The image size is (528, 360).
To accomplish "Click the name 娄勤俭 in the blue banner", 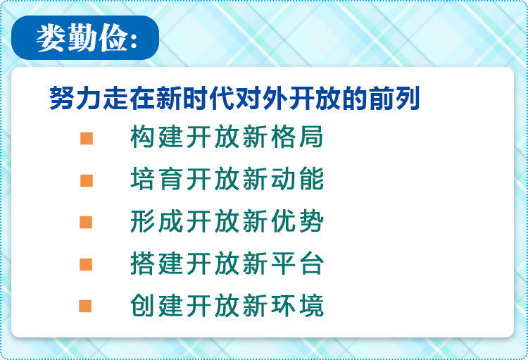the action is pos(82,38).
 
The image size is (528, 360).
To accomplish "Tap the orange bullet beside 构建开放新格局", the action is pos(87,139).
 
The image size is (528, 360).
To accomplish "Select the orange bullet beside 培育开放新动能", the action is pos(87,180).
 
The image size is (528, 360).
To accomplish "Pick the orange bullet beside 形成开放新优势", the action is pos(86,223).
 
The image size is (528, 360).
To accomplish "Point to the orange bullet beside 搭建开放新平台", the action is pos(86,264).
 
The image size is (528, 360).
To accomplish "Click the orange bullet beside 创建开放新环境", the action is pos(85,306).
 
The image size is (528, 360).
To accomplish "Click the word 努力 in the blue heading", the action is pos(75,98).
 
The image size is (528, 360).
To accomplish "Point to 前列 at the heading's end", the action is pos(394,98).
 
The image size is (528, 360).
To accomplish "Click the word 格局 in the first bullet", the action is pos(297,137).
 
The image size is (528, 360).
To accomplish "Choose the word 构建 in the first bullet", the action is pos(156,137).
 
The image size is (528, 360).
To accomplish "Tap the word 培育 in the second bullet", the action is pos(156,179).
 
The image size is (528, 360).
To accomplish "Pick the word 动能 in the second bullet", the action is pos(297,179).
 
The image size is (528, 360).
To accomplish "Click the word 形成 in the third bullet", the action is pos(156,221).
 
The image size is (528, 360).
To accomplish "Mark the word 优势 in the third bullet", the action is pos(297,221).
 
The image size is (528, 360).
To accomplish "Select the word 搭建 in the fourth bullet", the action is pos(156,263).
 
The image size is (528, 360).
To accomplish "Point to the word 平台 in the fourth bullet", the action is pos(297,263).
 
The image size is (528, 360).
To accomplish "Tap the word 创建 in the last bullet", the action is pos(156,305).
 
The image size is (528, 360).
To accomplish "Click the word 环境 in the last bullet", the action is pos(297,305).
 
